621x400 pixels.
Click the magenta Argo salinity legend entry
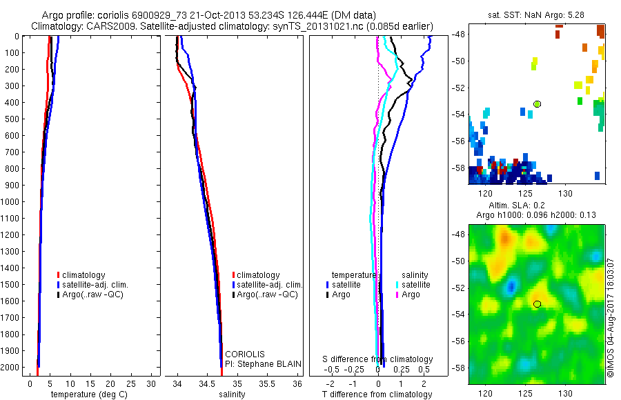click(408, 295)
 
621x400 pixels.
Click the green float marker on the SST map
click(537, 104)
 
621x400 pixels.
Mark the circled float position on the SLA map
click(537, 304)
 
